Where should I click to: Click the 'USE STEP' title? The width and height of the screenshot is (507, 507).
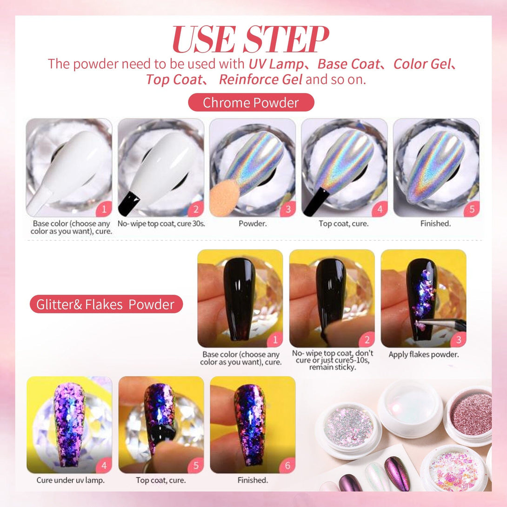(x=251, y=39)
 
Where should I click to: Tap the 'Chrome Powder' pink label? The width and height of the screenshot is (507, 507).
(x=251, y=102)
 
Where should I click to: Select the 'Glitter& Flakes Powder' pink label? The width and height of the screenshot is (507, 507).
(x=106, y=304)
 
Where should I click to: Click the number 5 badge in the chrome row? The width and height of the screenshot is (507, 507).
(x=472, y=209)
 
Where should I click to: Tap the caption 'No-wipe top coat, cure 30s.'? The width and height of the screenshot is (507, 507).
(x=161, y=223)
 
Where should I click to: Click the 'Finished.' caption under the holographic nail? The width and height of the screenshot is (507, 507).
(x=435, y=223)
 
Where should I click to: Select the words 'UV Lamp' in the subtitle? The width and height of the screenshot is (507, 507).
(x=276, y=64)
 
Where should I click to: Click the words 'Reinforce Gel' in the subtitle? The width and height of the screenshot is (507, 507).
(x=260, y=79)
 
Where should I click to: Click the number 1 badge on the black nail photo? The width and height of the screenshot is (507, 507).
(x=275, y=340)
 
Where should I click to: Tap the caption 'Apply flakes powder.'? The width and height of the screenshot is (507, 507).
(x=424, y=354)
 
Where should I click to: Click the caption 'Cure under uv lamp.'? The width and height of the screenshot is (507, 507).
(x=71, y=480)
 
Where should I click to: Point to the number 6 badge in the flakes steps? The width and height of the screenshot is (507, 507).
(x=287, y=466)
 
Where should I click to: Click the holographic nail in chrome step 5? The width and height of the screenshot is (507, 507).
(x=435, y=167)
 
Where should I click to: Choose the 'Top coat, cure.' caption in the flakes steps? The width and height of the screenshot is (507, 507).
(x=160, y=480)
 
